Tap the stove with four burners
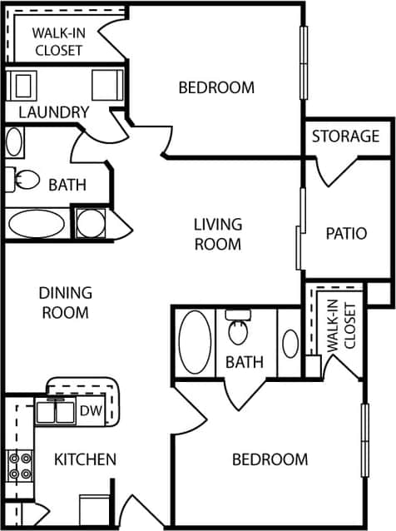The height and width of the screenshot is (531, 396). [x=19, y=466]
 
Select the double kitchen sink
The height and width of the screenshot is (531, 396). [x=56, y=412]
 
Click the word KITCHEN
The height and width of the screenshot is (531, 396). [x=85, y=459]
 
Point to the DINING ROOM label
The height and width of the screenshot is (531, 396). [x=65, y=303]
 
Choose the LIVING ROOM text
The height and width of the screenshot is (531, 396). [x=217, y=234]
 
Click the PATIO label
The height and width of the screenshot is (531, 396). [x=346, y=233]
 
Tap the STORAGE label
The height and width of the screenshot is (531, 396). [x=345, y=136]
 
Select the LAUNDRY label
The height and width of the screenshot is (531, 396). [x=53, y=112]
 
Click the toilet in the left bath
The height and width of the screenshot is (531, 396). [x=27, y=180]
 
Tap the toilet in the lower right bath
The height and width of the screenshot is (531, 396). [x=239, y=330]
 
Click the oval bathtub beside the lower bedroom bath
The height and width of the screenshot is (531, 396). [x=195, y=342]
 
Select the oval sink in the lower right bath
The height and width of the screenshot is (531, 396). [x=290, y=344]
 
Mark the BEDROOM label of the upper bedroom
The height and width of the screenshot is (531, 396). [x=216, y=87]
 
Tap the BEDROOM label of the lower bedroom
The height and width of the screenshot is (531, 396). [x=270, y=459]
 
